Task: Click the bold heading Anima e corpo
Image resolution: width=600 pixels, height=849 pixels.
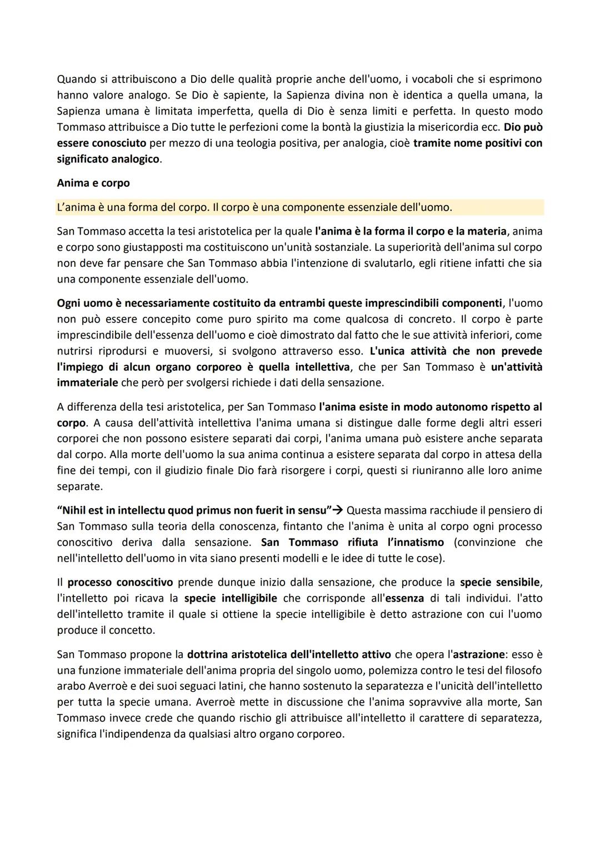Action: [x=93, y=183]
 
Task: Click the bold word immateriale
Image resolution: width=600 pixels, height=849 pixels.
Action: [x=87, y=383]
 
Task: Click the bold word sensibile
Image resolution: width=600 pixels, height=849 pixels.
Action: [x=519, y=582]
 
